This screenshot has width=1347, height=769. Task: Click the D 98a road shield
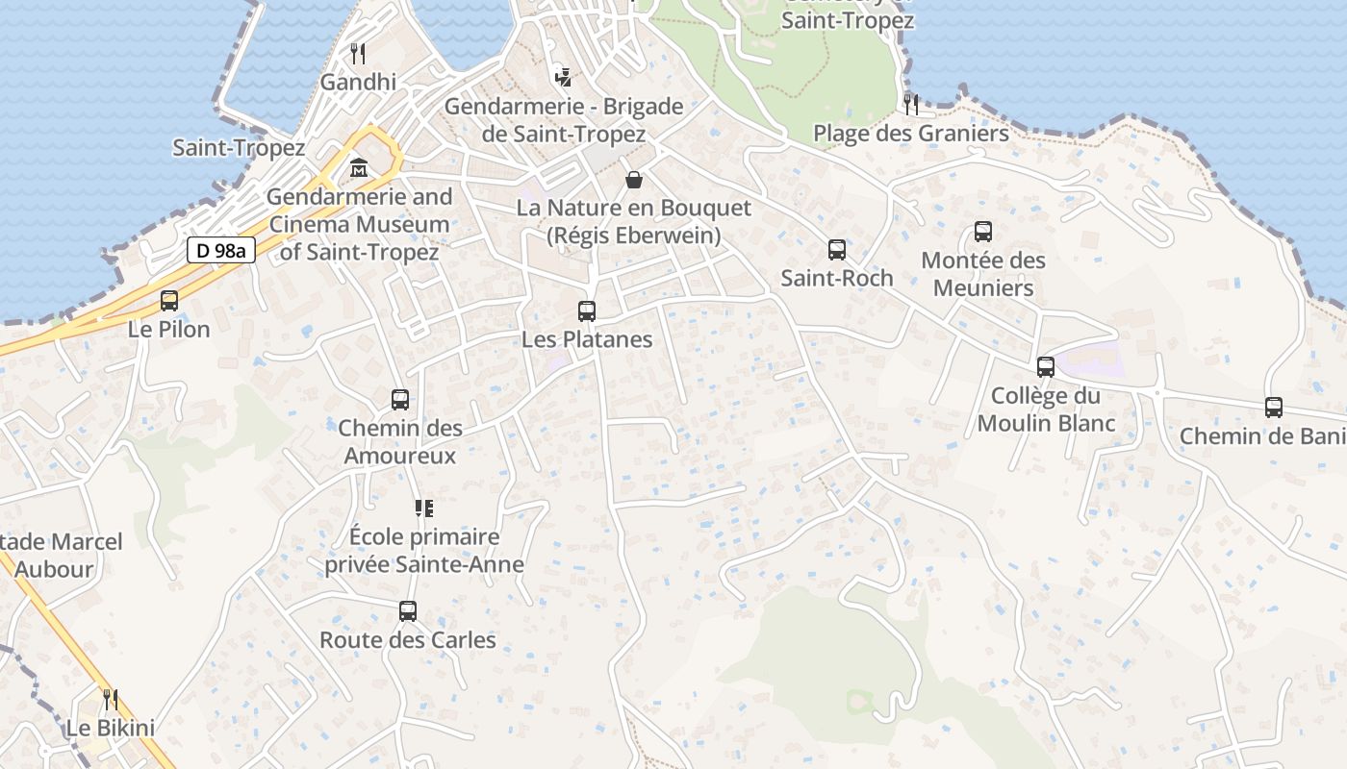pos(220,251)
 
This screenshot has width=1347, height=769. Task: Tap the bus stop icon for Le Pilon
pos(169,301)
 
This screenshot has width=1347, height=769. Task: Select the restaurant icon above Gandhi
pos(358,53)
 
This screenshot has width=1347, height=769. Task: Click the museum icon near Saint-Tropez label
pos(359,168)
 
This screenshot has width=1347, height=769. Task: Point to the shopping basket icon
pos(634,179)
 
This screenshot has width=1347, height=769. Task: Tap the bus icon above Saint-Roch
pos(837,250)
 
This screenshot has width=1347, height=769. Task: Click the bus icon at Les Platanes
pos(587,311)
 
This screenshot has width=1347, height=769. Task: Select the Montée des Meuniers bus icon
pos(982,232)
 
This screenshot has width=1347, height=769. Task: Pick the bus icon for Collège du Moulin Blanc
pos(1046,367)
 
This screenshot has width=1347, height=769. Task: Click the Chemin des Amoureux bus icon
pos(400,400)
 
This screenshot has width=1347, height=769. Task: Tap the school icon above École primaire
pos(424,508)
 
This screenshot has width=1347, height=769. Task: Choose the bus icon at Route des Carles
pos(408,611)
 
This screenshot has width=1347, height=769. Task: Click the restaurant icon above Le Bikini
pos(111,699)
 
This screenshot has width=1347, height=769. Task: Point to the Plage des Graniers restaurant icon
pos(911,104)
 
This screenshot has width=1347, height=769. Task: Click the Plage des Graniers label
pos(911,133)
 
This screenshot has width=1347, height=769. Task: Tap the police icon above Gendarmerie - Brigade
pos(564,77)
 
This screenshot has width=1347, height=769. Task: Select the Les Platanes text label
pos(587,339)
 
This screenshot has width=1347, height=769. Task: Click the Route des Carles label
pos(408,639)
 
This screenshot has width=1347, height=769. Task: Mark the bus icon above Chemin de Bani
pos(1274,408)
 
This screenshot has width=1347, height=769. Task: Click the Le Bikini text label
pos(111,728)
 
